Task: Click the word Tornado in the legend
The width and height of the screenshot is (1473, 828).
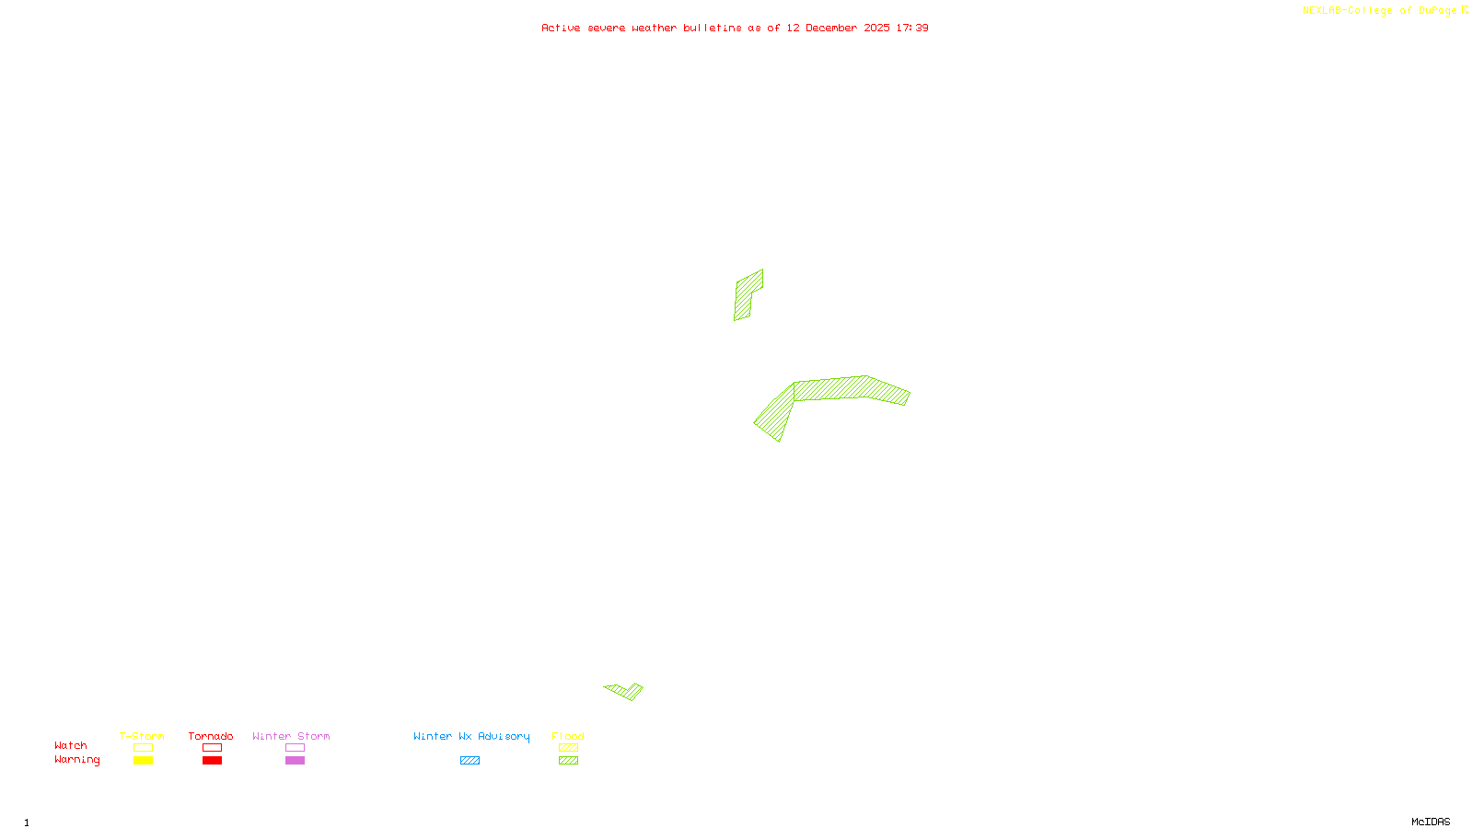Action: [211, 736]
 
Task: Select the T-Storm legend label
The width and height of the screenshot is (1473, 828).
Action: [142, 736]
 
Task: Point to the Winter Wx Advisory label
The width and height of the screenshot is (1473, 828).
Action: [471, 736]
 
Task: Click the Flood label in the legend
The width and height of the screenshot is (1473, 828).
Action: [568, 736]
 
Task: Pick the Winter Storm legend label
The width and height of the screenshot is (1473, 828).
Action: [291, 736]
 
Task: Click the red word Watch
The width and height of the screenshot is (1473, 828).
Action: [71, 745]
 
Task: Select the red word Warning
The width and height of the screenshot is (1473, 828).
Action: [76, 760]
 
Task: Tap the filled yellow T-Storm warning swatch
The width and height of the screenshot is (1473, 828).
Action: [143, 761]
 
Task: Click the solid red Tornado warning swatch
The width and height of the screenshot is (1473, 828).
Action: [212, 761]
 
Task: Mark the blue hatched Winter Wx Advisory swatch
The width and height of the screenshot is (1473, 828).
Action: [470, 761]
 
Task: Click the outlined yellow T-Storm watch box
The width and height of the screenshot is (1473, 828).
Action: [143, 748]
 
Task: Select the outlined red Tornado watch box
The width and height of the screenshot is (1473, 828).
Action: [212, 748]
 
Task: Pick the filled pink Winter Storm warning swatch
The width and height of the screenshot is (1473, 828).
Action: [295, 761]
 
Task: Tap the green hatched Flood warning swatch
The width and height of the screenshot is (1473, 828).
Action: [569, 761]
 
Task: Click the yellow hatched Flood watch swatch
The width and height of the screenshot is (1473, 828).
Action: [569, 748]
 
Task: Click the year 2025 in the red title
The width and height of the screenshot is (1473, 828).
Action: [876, 28]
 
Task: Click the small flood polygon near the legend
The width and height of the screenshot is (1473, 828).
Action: [627, 691]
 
